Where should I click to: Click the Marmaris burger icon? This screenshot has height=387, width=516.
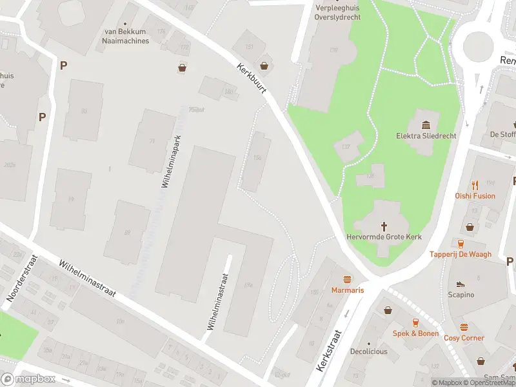tap(348, 279)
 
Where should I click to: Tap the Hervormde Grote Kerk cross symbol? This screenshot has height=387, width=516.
tap(384, 226)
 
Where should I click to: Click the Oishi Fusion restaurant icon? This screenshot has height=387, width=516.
tap(475, 185)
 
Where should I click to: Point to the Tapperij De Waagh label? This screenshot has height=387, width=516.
tap(461, 254)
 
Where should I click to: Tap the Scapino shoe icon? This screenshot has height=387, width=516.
tap(461, 284)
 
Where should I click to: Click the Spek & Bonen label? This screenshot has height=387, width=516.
tap(415, 333)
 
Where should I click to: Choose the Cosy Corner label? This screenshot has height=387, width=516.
tap(464, 338)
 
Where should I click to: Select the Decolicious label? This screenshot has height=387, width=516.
tap(369, 352)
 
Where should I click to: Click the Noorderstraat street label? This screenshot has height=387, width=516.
tap(21, 279)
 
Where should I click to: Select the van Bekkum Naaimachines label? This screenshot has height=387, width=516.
tap(126, 36)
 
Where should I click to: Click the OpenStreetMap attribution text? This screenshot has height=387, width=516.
tap(491, 382)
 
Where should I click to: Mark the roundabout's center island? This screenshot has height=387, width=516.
tap(477, 46)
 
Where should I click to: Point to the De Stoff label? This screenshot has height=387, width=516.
tap(502, 134)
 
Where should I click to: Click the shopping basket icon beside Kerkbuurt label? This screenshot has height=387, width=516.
tap(264, 65)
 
